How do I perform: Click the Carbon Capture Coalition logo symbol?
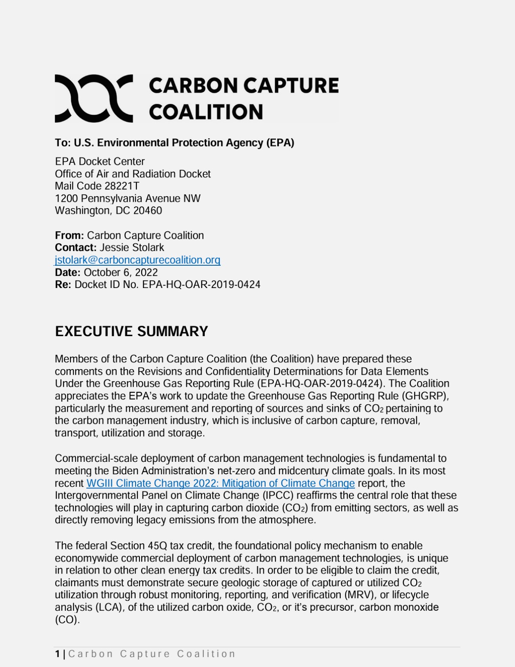click(x=94, y=98)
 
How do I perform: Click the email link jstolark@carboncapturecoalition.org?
click(x=137, y=260)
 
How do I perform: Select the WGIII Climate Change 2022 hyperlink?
click(x=221, y=483)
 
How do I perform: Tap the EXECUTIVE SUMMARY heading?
click(x=131, y=331)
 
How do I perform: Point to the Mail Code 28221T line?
click(x=97, y=186)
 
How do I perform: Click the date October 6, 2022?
click(x=121, y=273)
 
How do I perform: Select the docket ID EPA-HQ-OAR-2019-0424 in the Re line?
click(x=201, y=285)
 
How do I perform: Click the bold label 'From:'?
click(x=70, y=236)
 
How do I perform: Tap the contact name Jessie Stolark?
click(x=132, y=248)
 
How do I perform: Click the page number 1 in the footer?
click(x=58, y=654)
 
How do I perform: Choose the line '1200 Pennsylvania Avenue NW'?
click(x=127, y=198)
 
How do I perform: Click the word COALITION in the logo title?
click(x=206, y=112)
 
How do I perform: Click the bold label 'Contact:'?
click(x=76, y=248)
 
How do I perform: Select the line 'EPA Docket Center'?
click(x=100, y=161)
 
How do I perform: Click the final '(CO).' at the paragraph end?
click(x=67, y=620)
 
